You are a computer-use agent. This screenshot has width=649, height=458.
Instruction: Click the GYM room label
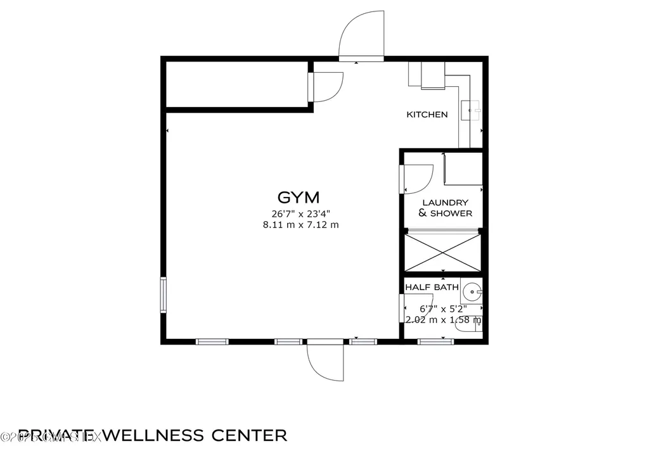298,196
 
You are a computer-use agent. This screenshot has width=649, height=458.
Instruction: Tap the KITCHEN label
427,115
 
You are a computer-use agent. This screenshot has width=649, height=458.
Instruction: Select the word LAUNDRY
445,202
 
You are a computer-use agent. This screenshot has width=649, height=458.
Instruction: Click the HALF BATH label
432,288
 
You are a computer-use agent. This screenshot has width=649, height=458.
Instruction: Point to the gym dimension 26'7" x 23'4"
298,213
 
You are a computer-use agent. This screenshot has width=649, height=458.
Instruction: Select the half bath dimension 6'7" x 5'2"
443,309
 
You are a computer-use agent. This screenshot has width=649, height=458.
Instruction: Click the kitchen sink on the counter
470,110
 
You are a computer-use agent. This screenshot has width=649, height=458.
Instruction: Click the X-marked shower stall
441,252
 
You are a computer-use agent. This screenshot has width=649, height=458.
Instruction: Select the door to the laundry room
417,179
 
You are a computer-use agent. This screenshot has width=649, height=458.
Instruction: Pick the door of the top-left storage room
326,87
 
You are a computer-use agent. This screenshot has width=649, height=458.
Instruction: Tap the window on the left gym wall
163,295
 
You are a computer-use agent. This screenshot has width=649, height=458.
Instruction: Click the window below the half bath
435,342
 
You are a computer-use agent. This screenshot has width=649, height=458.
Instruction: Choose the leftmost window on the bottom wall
212,342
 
